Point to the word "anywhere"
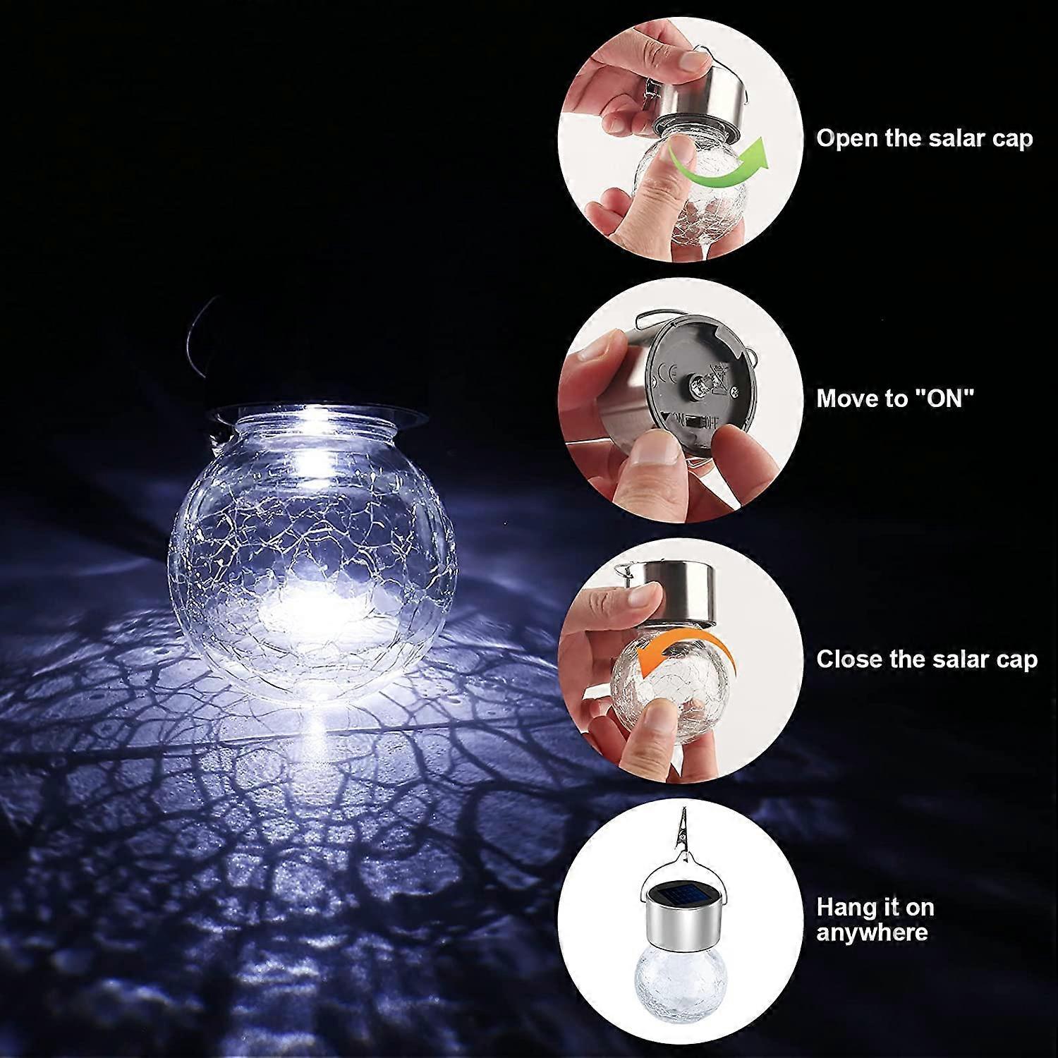click(872, 932)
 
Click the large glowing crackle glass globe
click(312, 557)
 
